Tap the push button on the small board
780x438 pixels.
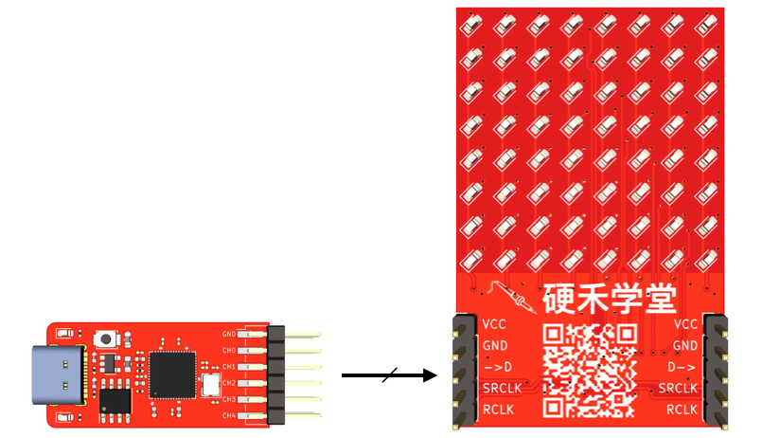click(x=106, y=338)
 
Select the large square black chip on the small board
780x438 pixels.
click(x=171, y=373)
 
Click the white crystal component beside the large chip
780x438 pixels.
click(x=210, y=383)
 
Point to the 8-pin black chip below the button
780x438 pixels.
click(x=115, y=400)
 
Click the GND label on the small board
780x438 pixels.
click(x=229, y=334)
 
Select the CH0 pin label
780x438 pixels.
click(x=229, y=351)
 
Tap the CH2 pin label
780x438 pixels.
click(x=229, y=383)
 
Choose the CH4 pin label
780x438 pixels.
click(x=229, y=416)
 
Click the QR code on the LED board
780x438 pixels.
click(x=589, y=371)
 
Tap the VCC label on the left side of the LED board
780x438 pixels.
click(x=494, y=324)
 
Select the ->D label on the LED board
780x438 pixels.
click(x=497, y=367)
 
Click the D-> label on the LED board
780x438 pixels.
click(x=682, y=367)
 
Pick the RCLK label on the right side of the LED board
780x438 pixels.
click(x=682, y=410)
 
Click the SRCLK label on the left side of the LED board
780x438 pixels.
click(x=502, y=389)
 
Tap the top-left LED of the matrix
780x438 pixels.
click(x=474, y=24)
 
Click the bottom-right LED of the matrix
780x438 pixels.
click(x=705, y=259)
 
